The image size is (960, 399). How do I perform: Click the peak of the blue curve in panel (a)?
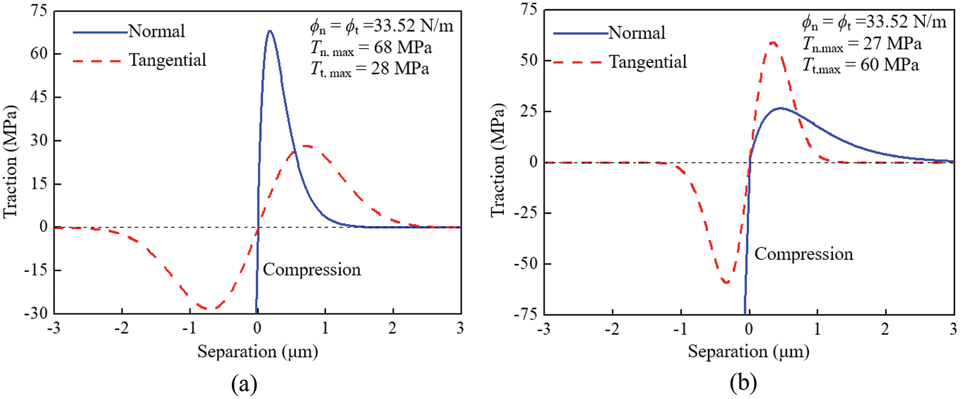click(270, 31)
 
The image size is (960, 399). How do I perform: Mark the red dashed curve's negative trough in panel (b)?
click(726, 282)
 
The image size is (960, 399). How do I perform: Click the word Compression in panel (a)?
click(312, 270)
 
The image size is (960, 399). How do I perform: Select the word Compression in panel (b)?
click(803, 254)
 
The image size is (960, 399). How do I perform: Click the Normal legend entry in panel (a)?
click(157, 31)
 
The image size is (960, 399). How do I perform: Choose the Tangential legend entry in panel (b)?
click(647, 62)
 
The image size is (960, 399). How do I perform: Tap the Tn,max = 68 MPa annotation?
click(371, 48)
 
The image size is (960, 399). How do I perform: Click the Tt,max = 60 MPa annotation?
click(860, 65)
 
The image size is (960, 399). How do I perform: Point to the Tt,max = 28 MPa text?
click(370, 70)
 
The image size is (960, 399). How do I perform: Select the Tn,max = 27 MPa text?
click(862, 44)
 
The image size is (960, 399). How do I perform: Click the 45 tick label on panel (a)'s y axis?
click(39, 97)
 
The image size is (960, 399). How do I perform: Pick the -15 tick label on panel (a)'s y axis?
click(36, 270)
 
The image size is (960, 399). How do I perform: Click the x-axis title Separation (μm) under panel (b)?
click(748, 351)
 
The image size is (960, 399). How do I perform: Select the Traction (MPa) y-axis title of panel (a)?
click(11, 162)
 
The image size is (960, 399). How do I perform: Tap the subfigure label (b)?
click(743, 383)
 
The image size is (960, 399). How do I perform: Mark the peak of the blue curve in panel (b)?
click(780, 108)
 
